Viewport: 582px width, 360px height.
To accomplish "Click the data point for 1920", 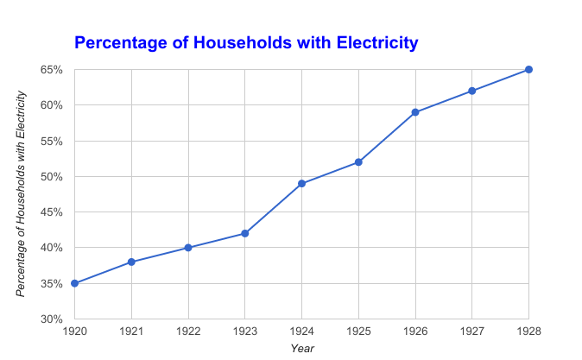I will (74, 283).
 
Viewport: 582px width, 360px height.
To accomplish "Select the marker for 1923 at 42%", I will (245, 233).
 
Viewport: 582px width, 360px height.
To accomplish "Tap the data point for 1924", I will (301, 183).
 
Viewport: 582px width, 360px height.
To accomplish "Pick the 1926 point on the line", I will (415, 112).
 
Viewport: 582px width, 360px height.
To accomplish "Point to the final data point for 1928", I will (528, 69).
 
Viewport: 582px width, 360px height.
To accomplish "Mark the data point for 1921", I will (131, 262).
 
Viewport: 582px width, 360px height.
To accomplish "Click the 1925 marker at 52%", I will (358, 162).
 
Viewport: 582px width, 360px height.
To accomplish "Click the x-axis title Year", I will (302, 348).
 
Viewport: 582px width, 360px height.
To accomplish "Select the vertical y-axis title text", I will (22, 193).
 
